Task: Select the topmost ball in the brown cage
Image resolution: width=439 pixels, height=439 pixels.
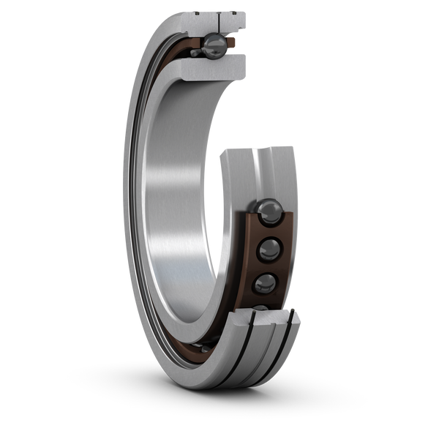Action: [267, 211]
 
